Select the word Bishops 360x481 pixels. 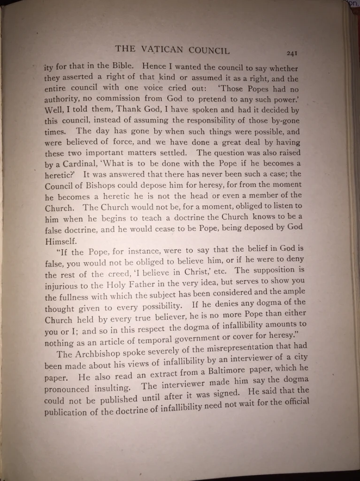click(x=96, y=186)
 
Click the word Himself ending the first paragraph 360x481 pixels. click(x=61, y=240)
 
